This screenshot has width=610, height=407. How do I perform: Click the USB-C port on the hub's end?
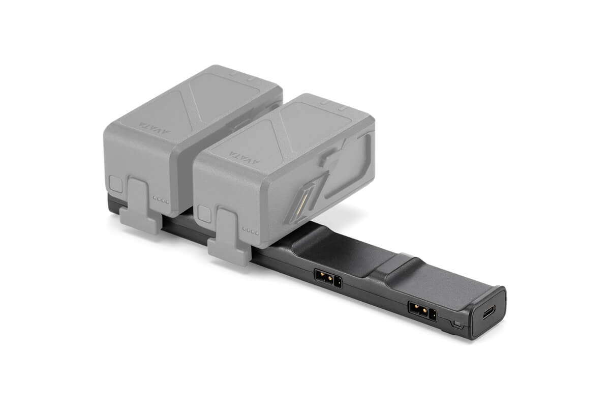(487, 312)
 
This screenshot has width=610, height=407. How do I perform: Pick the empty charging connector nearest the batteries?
(328, 278)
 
